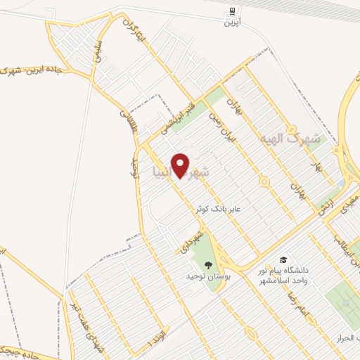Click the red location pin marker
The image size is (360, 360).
pyautogui.click(x=181, y=165)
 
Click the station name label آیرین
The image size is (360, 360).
pyautogui.click(x=232, y=22)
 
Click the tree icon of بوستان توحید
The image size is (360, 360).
pyautogui.click(x=208, y=264)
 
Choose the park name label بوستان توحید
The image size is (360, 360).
pyautogui.click(x=209, y=276)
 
